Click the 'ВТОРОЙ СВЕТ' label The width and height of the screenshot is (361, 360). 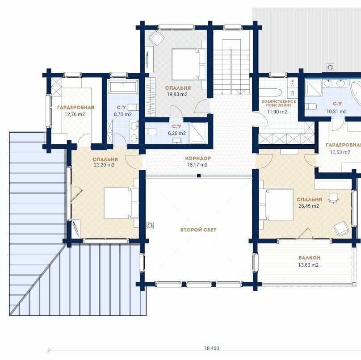point(198,230)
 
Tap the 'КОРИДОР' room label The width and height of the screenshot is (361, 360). point(198,159)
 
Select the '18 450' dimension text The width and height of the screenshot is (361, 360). point(212,348)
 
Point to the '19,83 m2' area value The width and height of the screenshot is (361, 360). point(177,94)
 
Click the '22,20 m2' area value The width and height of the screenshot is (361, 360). point(104,165)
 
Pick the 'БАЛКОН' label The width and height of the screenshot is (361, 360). point(310,258)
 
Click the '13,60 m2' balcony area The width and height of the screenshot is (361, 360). point(309,265)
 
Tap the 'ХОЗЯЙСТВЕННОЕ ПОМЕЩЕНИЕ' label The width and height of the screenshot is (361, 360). point(279,103)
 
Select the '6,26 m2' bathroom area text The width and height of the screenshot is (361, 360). point(177,133)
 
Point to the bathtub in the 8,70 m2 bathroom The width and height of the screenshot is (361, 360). point(123,87)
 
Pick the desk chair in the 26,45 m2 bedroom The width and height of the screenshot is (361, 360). point(334,198)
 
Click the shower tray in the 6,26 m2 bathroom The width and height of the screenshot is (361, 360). point(198,133)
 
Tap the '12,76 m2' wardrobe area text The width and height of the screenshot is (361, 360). point(75,114)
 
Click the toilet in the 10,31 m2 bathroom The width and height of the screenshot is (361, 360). point(311,107)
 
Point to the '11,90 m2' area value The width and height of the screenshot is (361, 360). point(277,112)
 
